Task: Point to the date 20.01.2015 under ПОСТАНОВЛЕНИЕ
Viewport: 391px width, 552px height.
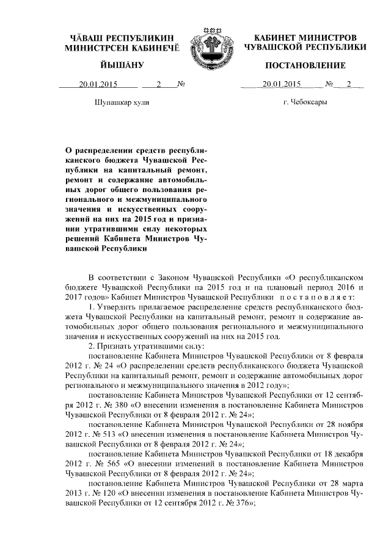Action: click(281, 85)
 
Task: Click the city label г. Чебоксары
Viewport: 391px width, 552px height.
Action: click(305, 102)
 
